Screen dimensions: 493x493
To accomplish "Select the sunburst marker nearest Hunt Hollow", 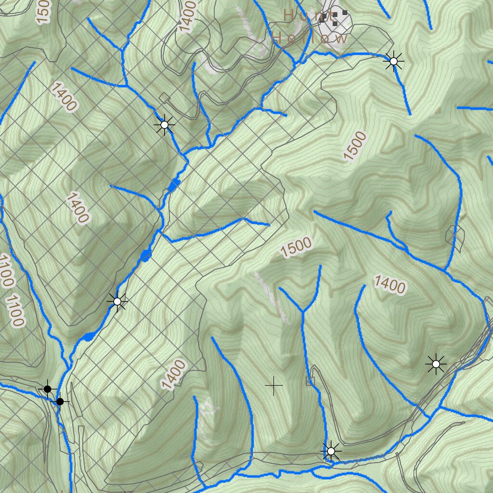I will (x=394, y=61).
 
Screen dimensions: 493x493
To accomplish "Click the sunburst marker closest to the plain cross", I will (x=331, y=451).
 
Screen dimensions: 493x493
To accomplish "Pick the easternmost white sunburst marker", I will (x=436, y=364).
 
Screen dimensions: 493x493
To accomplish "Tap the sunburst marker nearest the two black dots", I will (x=117, y=301).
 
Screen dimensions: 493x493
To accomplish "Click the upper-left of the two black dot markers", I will (x=47, y=389).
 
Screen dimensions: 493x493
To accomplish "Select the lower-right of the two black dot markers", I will (x=60, y=402).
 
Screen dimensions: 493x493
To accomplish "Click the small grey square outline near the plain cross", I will (x=309, y=381).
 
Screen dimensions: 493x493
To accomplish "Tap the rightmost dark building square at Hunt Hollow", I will (x=345, y=13).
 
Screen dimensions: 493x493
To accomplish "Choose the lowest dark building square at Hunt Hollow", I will (x=335, y=23).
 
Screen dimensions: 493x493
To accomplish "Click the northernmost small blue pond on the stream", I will (x=174, y=184).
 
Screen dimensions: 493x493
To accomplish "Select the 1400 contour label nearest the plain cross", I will (x=173, y=375).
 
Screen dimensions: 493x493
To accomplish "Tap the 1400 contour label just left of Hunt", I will (x=188, y=16).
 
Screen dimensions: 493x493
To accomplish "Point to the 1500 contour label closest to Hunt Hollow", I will (x=355, y=145).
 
